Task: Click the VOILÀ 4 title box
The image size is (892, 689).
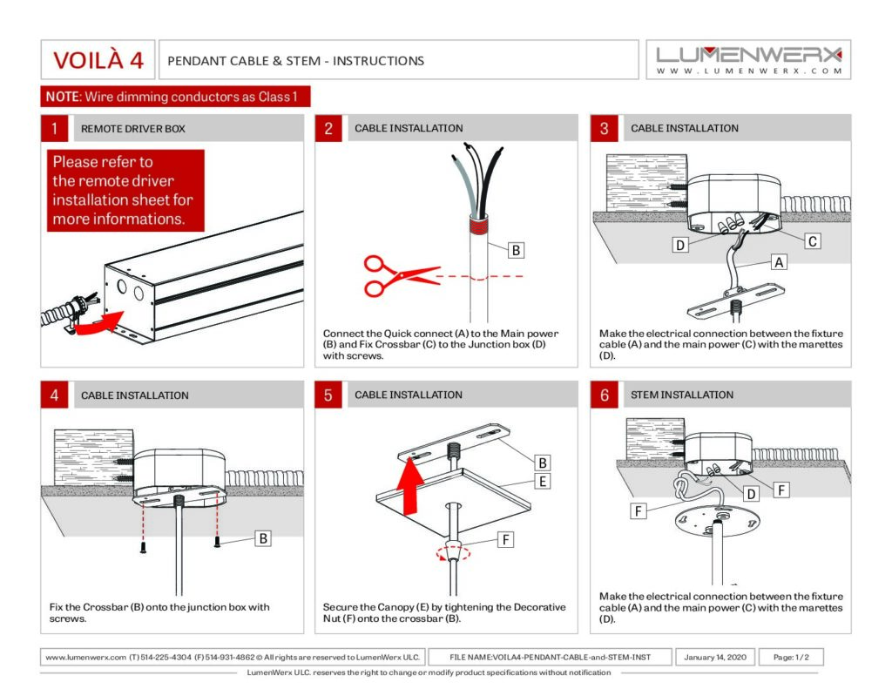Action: point(98,60)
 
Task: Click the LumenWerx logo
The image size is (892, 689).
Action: point(749,60)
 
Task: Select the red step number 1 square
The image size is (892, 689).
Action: point(55,128)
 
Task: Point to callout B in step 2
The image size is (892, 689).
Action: point(516,250)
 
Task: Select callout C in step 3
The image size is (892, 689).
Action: point(812,241)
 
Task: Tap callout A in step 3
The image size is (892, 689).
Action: point(778,261)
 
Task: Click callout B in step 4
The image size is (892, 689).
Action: point(261,538)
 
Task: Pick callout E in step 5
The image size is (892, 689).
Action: point(542,481)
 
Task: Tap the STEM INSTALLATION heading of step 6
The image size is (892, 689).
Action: point(682,395)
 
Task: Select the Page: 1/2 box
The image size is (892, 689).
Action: point(790,657)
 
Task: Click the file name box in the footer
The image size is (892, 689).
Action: point(550,657)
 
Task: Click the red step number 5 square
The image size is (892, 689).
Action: point(328,395)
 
